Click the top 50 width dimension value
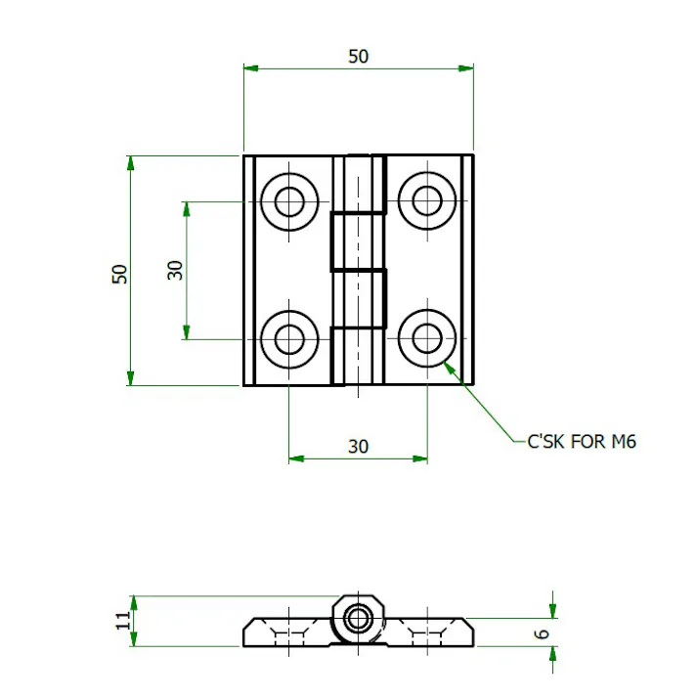[x=359, y=56]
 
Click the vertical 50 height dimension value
[x=119, y=273]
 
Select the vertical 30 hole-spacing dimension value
[x=176, y=270]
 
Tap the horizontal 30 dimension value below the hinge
[x=359, y=447]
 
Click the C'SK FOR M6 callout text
[x=582, y=442]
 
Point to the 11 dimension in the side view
[x=123, y=621]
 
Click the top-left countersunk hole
[x=289, y=201]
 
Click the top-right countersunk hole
[x=426, y=201]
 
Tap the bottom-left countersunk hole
[x=289, y=338]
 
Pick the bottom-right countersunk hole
[x=426, y=338]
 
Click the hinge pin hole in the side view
[x=359, y=618]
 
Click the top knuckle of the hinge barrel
[x=359, y=183]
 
